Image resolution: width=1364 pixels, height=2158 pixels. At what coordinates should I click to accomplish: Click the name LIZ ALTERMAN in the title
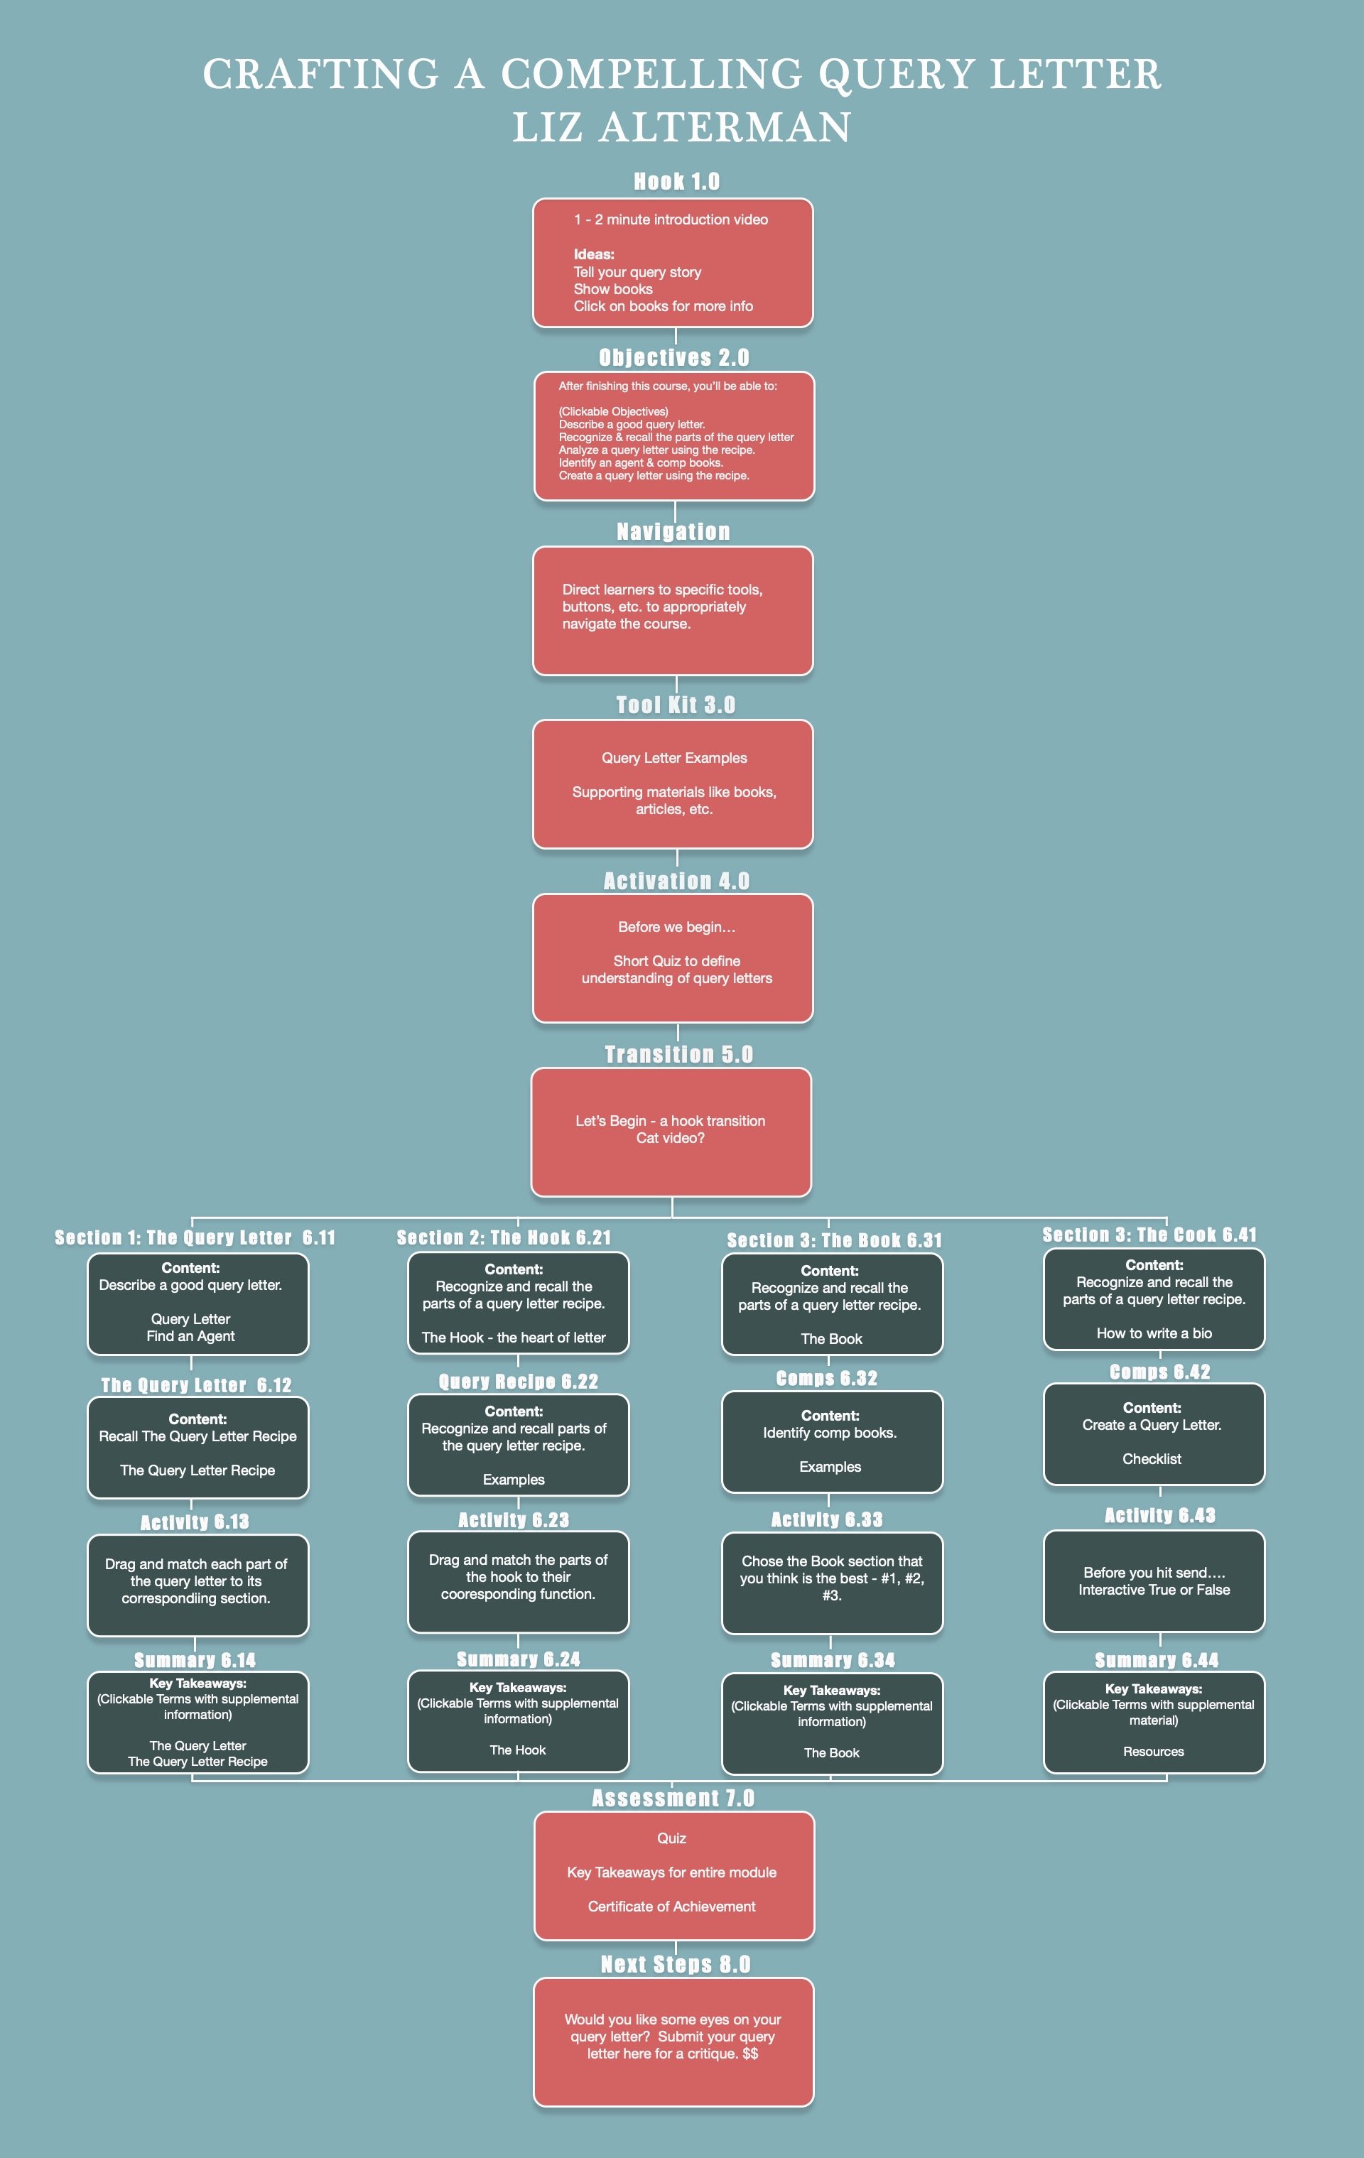point(681,127)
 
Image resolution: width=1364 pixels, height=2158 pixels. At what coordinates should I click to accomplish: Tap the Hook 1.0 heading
point(676,182)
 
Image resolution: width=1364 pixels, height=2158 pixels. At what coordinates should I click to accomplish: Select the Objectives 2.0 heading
point(674,357)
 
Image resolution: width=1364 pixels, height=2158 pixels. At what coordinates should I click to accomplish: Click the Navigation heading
point(673,531)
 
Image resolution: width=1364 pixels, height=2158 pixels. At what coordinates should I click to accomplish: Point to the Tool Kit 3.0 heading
point(676,705)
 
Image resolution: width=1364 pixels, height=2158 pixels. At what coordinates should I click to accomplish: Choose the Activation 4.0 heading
point(676,881)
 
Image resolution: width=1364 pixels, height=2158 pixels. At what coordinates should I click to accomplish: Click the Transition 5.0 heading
point(678,1055)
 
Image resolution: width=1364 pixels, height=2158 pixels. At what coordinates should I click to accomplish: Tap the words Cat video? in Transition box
point(671,1138)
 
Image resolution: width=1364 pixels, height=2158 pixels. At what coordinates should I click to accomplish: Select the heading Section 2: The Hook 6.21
point(504,1237)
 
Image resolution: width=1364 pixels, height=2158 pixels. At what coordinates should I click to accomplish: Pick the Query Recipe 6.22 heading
point(518,1382)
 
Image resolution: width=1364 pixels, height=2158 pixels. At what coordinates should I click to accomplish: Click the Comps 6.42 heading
point(1159,1372)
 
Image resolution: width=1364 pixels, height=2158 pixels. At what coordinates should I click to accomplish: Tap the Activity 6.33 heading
point(827,1520)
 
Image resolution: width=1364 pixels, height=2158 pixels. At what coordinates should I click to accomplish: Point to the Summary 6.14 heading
point(195,1661)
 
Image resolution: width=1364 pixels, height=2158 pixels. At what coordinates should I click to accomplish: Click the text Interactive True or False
point(1154,1590)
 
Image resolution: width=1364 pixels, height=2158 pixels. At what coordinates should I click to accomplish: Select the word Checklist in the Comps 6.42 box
point(1152,1459)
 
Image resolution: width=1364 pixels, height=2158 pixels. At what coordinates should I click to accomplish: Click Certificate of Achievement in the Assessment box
point(671,1906)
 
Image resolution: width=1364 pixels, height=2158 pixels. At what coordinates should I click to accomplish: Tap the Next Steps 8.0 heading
point(676,1964)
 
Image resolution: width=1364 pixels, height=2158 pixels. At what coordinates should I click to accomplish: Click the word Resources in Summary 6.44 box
point(1154,1751)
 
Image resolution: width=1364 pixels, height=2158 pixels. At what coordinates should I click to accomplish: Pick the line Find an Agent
point(191,1336)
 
